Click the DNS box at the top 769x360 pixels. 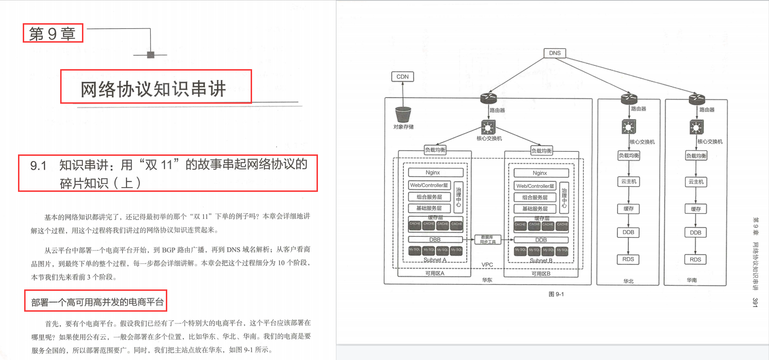[554, 53]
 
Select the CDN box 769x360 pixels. [402, 77]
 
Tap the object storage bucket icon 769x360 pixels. [403, 115]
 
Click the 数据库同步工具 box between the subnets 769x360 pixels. [488, 240]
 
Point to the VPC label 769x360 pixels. [487, 265]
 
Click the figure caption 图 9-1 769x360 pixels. [556, 294]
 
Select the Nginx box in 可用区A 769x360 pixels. [433, 173]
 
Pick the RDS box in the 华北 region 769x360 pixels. [628, 259]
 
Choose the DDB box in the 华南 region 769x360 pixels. [696, 233]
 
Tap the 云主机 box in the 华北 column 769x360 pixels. [629, 181]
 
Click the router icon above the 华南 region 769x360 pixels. [697, 99]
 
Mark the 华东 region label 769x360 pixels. [487, 280]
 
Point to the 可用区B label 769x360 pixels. [541, 274]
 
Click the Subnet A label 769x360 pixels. [434, 260]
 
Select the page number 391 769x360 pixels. [755, 302]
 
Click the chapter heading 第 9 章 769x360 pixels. [53, 34]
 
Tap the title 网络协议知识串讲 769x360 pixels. [153, 89]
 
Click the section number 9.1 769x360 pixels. [38, 166]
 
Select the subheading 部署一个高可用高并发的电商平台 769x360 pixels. [97, 302]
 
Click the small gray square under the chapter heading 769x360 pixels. [151, 55]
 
